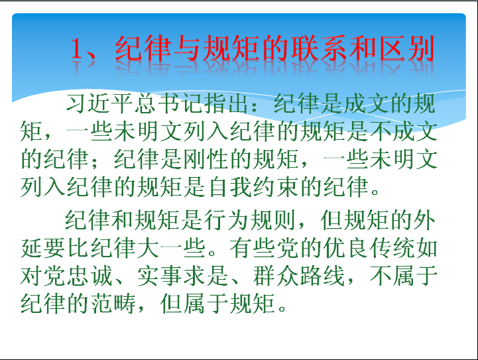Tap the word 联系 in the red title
click(x=319, y=48)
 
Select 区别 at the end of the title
click(x=407, y=48)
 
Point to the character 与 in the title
click(x=187, y=48)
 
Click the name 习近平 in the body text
click(x=99, y=103)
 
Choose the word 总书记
click(x=169, y=103)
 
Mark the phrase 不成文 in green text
click(x=403, y=131)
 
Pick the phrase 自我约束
click(x=253, y=186)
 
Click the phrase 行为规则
click(x=250, y=220)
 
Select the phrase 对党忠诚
click(x=66, y=276)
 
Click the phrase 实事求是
click(x=183, y=276)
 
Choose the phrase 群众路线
click(x=299, y=276)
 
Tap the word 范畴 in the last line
click(x=113, y=303)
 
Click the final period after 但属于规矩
click(x=282, y=308)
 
